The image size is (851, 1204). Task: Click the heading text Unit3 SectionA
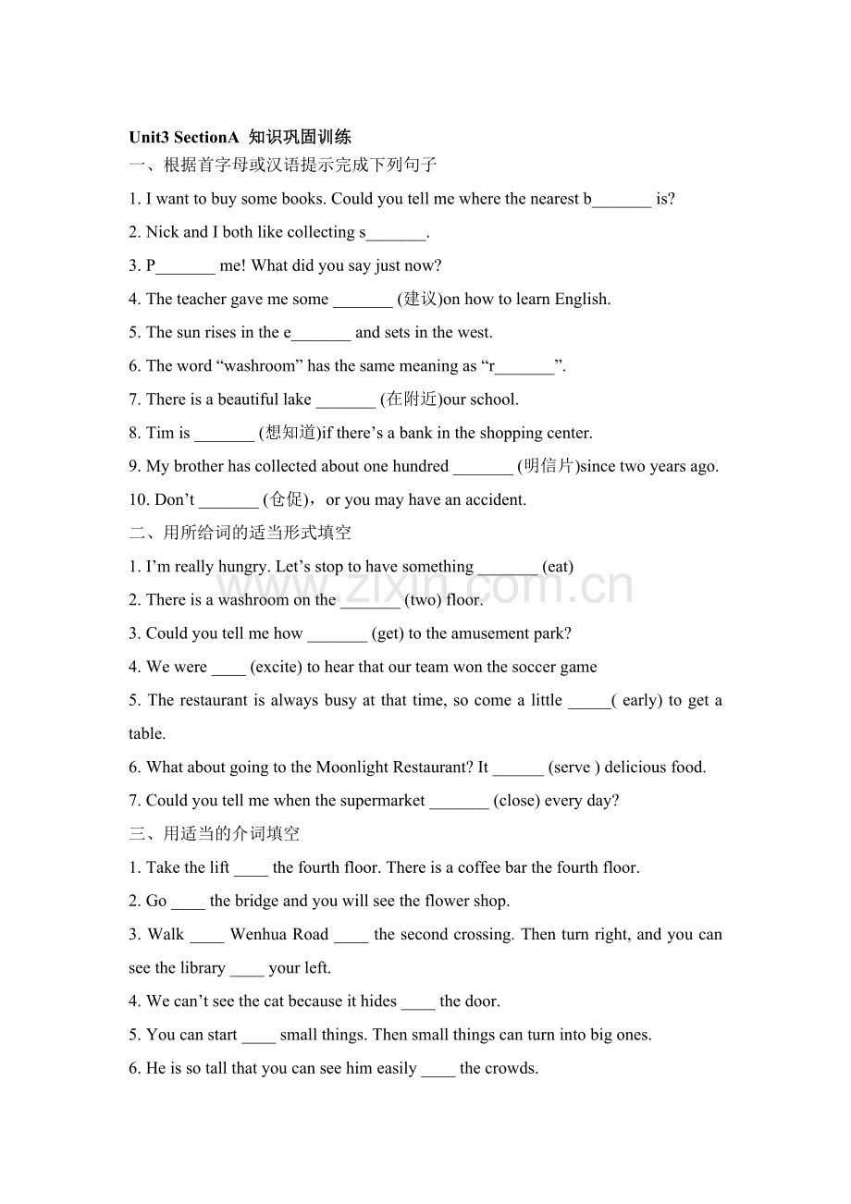point(184,138)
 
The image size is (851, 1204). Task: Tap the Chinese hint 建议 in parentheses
point(421,299)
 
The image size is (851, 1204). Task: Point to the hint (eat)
point(558,567)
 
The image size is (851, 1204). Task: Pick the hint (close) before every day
point(516,801)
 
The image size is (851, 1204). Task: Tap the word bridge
point(256,901)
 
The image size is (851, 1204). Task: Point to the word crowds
point(511,1068)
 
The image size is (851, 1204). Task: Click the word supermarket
point(382,801)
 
